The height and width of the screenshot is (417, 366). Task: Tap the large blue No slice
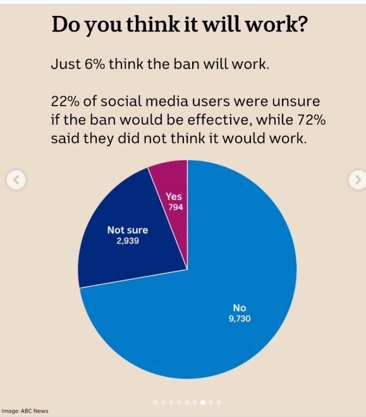tap(212, 306)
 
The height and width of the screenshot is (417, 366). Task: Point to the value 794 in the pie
tap(176, 207)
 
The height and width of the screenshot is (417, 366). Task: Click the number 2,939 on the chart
tap(128, 240)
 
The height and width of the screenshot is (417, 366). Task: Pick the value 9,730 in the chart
tap(240, 318)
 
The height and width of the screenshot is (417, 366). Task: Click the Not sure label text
tap(128, 230)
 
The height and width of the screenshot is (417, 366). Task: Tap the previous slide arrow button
tap(16, 180)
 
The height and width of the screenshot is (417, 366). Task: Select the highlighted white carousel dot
tap(203, 402)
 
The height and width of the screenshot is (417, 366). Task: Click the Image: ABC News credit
tap(25, 411)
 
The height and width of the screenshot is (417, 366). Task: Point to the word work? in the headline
tap(276, 24)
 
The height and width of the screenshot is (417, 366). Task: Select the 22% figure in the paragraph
tap(65, 101)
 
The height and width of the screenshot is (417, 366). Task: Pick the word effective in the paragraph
tap(219, 120)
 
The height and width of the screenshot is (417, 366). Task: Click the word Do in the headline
tap(66, 24)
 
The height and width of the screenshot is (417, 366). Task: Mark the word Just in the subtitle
tap(66, 64)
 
